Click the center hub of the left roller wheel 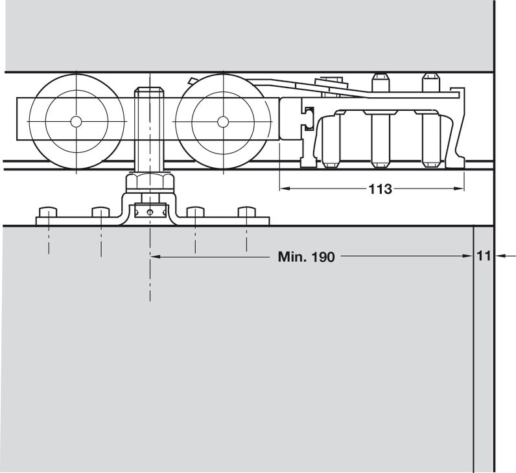[x=76, y=121]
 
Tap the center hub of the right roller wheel [x=223, y=121]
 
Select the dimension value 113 [x=380, y=189]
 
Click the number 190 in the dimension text [x=322, y=257]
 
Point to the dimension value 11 [x=484, y=256]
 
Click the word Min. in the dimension [x=292, y=257]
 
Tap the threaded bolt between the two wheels [x=149, y=130]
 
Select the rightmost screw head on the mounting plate [x=247, y=213]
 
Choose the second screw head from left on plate [x=101, y=213]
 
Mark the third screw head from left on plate [x=196, y=213]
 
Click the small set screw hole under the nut [x=150, y=211]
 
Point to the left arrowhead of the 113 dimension [x=283, y=189]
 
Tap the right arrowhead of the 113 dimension [x=461, y=189]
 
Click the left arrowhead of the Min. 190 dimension [x=156, y=257]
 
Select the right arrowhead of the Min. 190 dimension [x=469, y=257]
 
